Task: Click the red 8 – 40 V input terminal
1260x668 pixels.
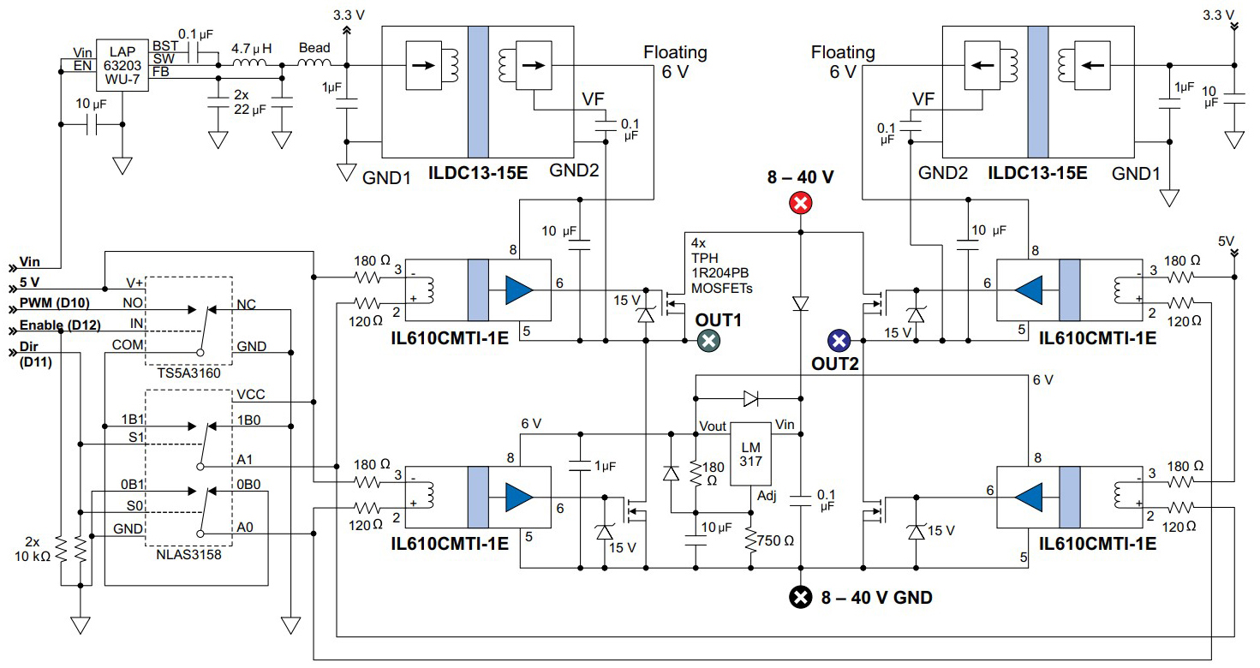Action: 800,203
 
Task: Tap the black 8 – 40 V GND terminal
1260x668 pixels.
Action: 800,597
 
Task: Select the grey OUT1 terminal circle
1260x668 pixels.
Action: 708,340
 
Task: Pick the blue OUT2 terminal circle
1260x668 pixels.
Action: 839,340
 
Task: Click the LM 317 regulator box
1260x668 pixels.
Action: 751,455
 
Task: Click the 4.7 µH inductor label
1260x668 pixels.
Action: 250,49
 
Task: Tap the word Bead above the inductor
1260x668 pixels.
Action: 314,49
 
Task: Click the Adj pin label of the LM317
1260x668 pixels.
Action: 765,496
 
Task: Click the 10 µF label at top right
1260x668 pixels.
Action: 1211,97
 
